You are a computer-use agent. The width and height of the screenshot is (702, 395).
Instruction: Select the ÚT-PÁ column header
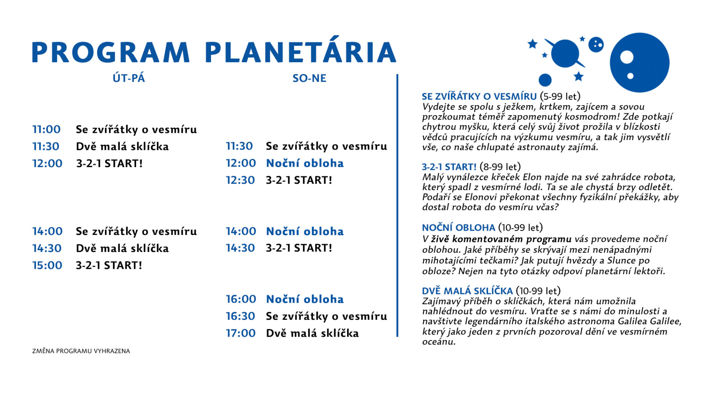(129, 78)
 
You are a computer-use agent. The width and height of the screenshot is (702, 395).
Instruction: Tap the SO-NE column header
(309, 78)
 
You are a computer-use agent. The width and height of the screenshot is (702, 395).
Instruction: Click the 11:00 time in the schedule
(46, 129)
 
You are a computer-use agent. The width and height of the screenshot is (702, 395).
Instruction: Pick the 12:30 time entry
(240, 180)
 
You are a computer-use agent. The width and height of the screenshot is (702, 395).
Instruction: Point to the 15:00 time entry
(47, 265)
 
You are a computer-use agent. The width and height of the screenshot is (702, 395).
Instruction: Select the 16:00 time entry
(241, 299)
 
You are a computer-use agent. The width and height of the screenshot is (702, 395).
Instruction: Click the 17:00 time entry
(241, 333)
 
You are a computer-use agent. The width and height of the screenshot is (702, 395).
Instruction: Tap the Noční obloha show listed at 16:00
(305, 299)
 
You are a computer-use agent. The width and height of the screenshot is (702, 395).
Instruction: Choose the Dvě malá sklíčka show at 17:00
(312, 333)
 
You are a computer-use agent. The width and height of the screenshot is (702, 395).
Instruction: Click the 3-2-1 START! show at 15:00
(109, 265)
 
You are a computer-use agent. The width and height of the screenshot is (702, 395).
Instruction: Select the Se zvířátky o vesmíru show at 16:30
(326, 316)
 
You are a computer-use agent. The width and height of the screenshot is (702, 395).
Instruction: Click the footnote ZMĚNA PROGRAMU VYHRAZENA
(81, 351)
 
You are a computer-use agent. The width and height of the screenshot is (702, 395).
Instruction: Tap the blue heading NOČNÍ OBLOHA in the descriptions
(459, 227)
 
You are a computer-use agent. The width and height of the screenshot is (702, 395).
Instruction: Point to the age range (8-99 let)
(500, 167)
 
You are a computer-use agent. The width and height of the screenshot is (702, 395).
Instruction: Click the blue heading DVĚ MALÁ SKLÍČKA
(467, 291)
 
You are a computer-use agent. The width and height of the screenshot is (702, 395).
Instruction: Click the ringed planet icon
(565, 53)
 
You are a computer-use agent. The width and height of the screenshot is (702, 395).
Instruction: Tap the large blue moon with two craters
(640, 63)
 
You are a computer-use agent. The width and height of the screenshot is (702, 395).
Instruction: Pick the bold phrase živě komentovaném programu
(501, 239)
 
